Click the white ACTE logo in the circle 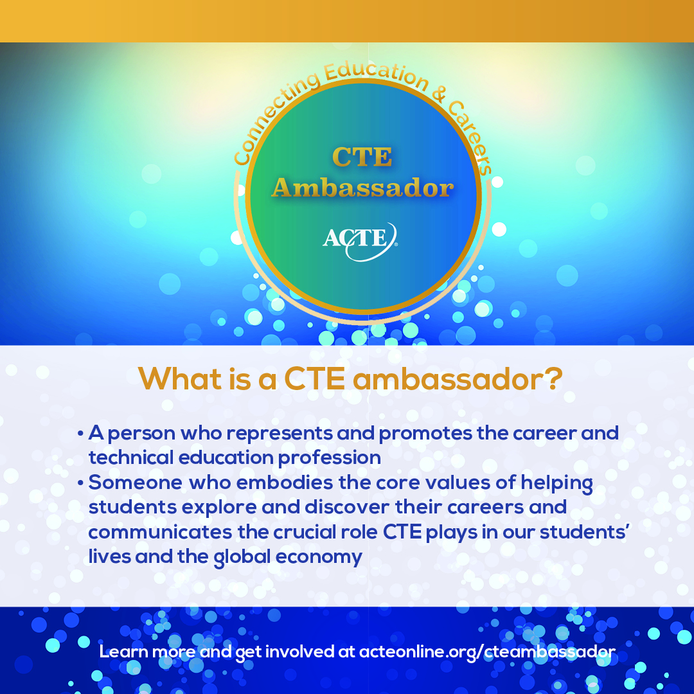tap(360, 241)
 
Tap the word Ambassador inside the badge tap(362, 188)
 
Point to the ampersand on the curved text tap(438, 95)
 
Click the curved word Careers tap(472, 138)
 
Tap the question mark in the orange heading tap(554, 379)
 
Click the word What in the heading tap(180, 379)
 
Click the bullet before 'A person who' tap(80, 433)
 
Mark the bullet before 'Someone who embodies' tap(80, 483)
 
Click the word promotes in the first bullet tap(425, 434)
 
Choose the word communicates tap(160, 532)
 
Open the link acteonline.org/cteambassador tap(487, 652)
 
